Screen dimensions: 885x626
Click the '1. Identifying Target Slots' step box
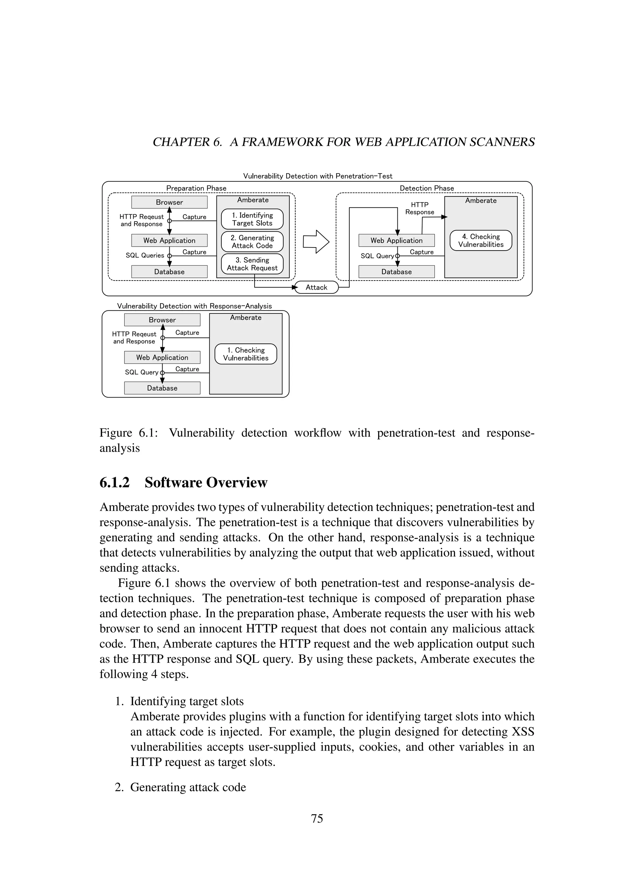pos(252,219)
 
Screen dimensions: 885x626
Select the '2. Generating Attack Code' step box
pos(252,242)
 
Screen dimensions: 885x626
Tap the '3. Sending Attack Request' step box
pos(252,264)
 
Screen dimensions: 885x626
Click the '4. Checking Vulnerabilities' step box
pos(481,241)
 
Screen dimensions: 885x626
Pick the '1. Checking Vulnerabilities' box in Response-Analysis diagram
pos(245,354)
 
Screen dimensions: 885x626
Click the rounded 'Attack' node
pos(316,287)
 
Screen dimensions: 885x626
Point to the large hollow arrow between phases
pos(316,242)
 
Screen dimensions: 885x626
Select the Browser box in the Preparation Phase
pos(169,202)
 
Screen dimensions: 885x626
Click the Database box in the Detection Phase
pos(396,271)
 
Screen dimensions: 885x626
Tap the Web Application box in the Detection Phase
pos(396,240)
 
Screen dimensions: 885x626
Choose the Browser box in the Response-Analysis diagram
pos(162,320)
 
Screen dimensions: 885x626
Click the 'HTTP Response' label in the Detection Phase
pos(419,208)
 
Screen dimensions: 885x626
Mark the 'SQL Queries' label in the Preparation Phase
pos(145,255)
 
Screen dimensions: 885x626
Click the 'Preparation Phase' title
pos(196,188)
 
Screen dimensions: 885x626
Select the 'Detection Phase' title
pos(426,188)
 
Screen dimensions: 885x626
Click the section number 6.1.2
pos(115,483)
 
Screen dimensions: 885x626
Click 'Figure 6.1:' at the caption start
pos(129,433)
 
